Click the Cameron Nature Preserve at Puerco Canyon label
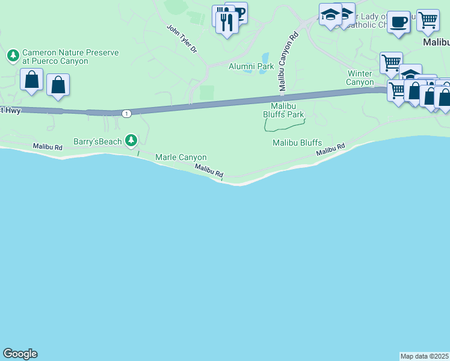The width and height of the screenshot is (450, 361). pos(70,57)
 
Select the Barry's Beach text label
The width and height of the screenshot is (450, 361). pos(97,141)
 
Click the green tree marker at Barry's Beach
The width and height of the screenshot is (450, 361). pos(131,141)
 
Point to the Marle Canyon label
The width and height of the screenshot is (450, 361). pos(181,157)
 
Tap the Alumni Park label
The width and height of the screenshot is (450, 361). pos(251,66)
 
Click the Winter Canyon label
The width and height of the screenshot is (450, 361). pos(360,78)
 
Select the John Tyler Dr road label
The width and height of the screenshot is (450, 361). pos(182,39)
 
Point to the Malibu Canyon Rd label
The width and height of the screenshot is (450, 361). pos(286,62)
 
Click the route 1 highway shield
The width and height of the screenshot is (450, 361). pos(126,113)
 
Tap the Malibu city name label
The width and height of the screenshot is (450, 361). pos(436,43)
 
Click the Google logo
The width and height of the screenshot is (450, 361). pos(20,354)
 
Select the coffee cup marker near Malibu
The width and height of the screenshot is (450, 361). pos(398,23)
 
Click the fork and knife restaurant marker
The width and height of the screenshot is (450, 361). pos(227,23)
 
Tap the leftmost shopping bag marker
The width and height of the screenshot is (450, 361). pos(31,79)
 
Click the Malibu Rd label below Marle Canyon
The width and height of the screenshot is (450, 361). pos(209,171)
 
